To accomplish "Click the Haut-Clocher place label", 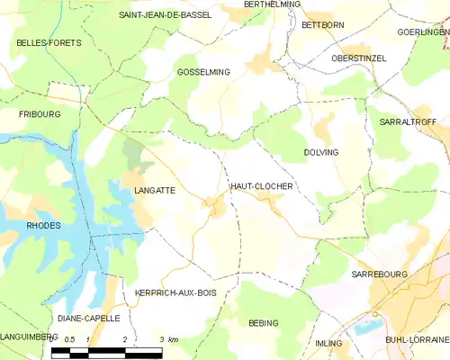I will click(262, 185).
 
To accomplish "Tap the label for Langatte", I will click(154, 191).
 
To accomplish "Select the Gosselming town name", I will click(203, 71).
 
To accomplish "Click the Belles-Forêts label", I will click(49, 42).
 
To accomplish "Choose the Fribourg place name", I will click(39, 115).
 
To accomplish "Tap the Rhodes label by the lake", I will click(44, 225).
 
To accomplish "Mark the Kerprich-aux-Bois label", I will click(175, 293).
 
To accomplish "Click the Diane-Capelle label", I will click(87, 318).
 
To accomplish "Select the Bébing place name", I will click(263, 322).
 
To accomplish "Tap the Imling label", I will click(329, 344).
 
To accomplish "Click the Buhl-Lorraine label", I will click(418, 339).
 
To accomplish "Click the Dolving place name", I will click(321, 152).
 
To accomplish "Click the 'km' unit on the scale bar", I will click(174, 339).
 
